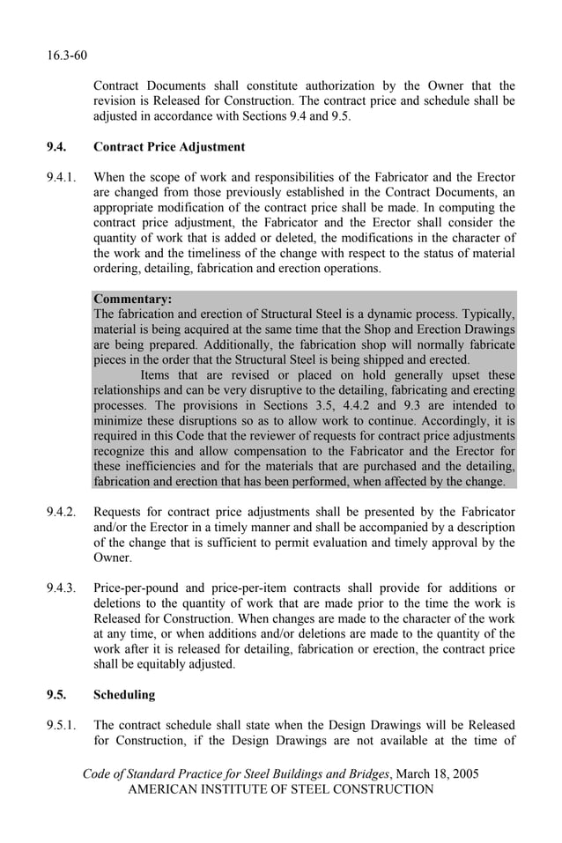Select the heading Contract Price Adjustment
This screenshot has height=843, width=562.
point(169,146)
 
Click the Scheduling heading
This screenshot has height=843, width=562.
point(123,695)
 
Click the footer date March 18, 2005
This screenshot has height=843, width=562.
point(438,773)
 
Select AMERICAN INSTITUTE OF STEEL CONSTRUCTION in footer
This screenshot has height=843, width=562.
point(281,789)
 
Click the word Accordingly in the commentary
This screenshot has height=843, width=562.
point(456,421)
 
